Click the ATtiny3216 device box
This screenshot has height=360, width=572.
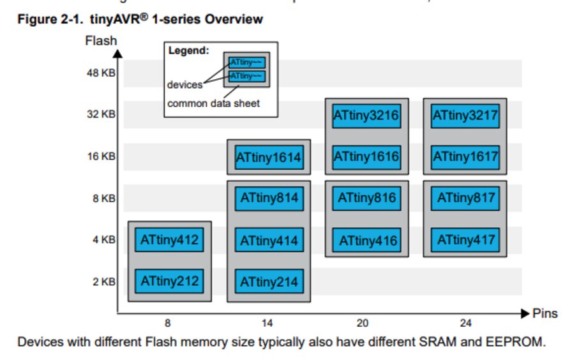pyautogui.click(x=366, y=116)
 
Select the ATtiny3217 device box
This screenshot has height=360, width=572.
pyautogui.click(x=465, y=116)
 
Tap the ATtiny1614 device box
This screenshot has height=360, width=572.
pyautogui.click(x=269, y=158)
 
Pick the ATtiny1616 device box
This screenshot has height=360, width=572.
pyautogui.click(x=366, y=156)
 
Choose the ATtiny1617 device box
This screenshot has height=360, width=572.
pyautogui.click(x=465, y=156)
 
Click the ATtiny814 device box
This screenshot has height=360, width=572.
pyautogui.click(x=269, y=199)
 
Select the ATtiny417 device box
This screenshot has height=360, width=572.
pyautogui.click(x=465, y=241)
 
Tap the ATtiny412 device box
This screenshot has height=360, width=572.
pyautogui.click(x=170, y=241)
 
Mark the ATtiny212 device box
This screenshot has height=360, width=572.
pyautogui.click(x=170, y=281)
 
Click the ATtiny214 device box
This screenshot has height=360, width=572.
pyautogui.click(x=269, y=281)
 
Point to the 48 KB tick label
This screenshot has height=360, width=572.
pyautogui.click(x=102, y=73)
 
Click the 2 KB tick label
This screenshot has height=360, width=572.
pyautogui.click(x=104, y=281)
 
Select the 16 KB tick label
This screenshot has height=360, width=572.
pyautogui.click(x=102, y=157)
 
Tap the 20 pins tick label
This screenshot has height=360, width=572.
pyautogui.click(x=363, y=323)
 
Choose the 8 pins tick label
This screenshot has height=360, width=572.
pyautogui.click(x=167, y=323)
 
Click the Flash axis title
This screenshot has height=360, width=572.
pyautogui.click(x=101, y=41)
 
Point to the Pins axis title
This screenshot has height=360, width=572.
pyautogui.click(x=545, y=313)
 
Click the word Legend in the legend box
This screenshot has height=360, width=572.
pyautogui.click(x=188, y=50)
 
